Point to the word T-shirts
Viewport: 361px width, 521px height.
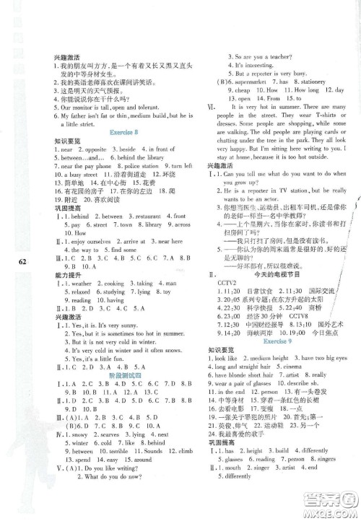(x=329, y=133)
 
